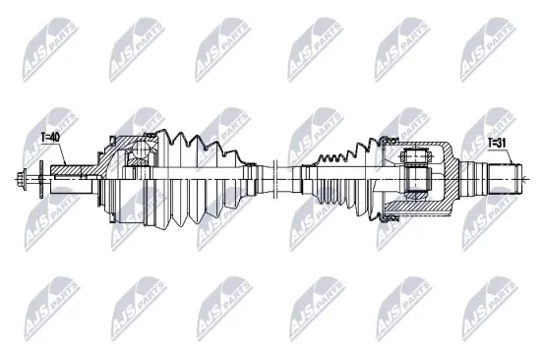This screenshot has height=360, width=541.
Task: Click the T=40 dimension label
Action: [x=48, y=137]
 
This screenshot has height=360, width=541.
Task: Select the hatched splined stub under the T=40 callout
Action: [x=69, y=174]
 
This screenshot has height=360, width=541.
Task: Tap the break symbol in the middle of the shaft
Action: [x=280, y=176]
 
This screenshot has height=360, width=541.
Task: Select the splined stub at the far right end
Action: [x=507, y=177]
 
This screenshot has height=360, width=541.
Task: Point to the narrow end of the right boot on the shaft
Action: [x=305, y=176]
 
